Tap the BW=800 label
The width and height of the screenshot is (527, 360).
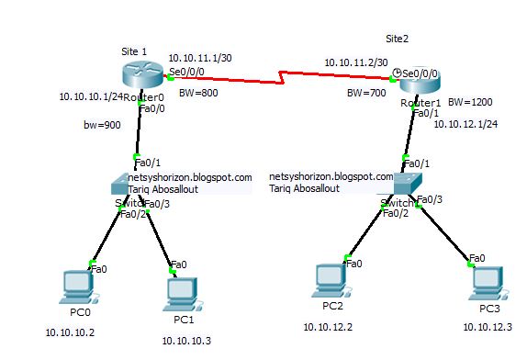(x=199, y=94)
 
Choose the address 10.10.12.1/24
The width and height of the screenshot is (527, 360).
(x=467, y=123)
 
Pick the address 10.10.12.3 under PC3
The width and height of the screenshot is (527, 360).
(x=488, y=328)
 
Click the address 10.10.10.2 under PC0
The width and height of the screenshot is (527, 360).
(x=70, y=332)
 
